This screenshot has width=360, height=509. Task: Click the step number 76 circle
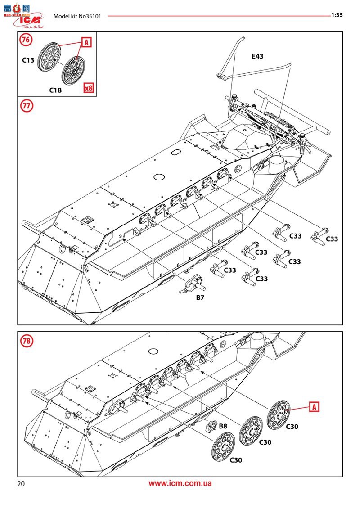[x=26, y=40]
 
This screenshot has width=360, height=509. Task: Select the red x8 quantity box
[x=89, y=88]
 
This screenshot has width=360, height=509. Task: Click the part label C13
[x=28, y=59]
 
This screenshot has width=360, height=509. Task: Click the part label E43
[x=257, y=56]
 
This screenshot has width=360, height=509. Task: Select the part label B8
[x=223, y=425]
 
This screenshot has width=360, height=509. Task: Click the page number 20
[x=21, y=484]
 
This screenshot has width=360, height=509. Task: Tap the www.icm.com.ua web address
[x=180, y=484]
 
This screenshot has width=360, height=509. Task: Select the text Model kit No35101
[x=77, y=16]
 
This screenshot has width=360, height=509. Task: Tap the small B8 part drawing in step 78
[x=212, y=426]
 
